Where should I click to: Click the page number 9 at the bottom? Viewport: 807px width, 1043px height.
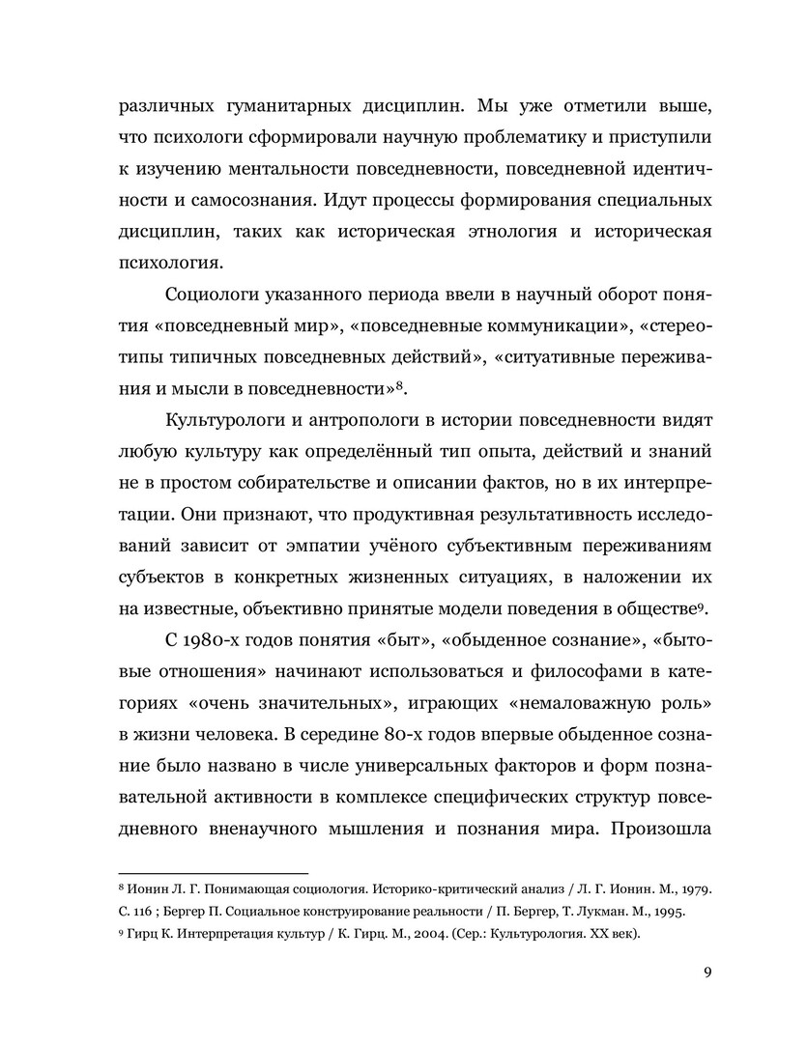tap(707, 972)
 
